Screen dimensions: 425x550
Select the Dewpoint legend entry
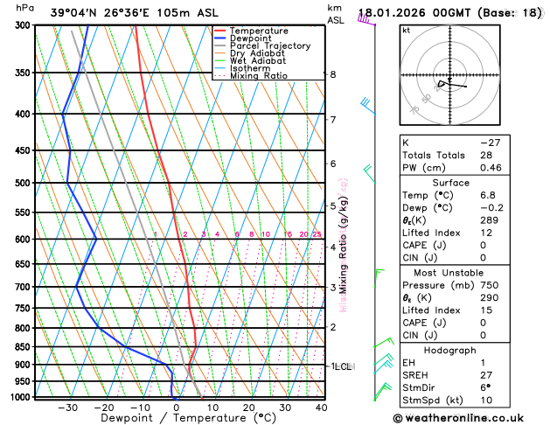pyautogui.click(x=251, y=38)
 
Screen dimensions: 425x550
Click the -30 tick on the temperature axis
pyautogui.click(x=68, y=408)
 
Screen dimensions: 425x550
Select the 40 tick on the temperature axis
pyautogui.click(x=321, y=408)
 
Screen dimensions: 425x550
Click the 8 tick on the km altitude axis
pyautogui.click(x=332, y=74)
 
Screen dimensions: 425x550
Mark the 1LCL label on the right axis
pyautogui.click(x=341, y=366)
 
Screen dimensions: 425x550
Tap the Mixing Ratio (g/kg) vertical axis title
pyautogui.click(x=344, y=244)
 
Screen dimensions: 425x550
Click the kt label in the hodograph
pyautogui.click(x=406, y=31)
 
